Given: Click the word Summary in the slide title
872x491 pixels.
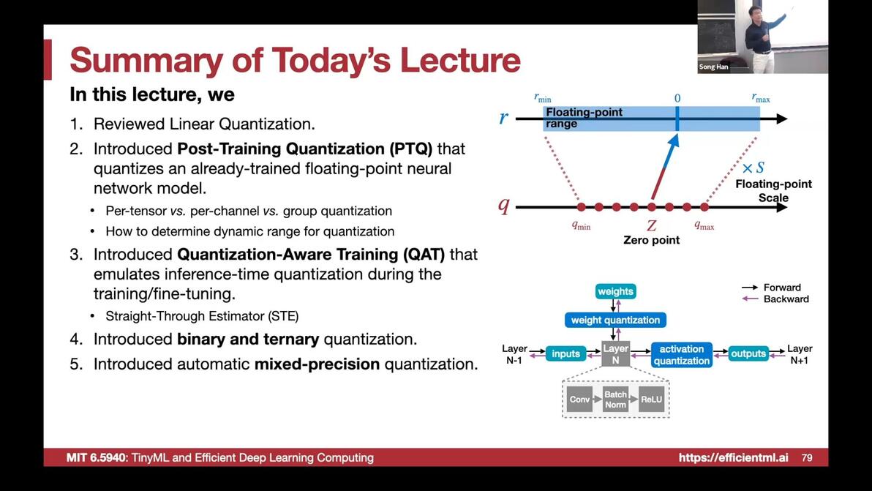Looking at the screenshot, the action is pos(146,60).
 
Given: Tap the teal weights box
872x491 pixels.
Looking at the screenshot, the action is pos(615,291).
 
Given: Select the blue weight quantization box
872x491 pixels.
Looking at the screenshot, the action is pos(615,321).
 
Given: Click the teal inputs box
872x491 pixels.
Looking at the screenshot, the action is pos(565,353).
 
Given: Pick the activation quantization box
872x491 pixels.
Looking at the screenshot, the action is pos(681,355).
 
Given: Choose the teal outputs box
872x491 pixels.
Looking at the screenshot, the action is pos(748,353).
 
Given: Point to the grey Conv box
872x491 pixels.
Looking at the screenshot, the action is pos(579,400).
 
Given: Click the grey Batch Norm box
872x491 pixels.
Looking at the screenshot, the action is pos(615,400).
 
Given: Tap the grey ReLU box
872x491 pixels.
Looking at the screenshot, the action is pos(651,400).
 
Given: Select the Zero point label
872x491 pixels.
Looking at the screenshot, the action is pos(651,240).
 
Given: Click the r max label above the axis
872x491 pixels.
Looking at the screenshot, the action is pos(761,98).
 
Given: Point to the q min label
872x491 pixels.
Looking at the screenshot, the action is pos(581,226).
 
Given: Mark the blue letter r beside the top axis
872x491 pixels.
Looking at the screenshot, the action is pos(503,118).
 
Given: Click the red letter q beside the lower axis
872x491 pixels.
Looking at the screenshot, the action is pos(503,206).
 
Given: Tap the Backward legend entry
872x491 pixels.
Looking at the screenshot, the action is pos(775,299).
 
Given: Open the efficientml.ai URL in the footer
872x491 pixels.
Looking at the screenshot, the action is pos(733,457).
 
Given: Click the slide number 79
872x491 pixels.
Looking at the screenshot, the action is pos(807,457).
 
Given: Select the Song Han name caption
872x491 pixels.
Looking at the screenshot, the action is pos(713,67).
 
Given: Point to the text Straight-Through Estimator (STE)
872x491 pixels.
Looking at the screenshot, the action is pos(202,316).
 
